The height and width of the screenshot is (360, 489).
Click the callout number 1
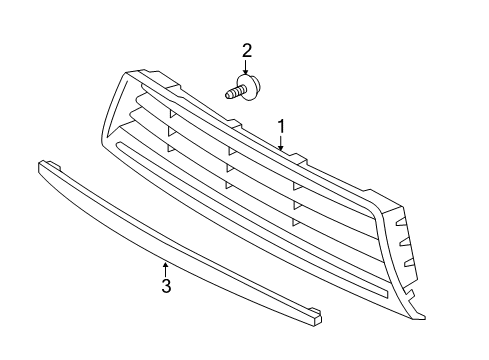tap(282, 127)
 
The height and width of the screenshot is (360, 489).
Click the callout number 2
tap(246, 51)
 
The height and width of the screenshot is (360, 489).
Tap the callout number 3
tap(167, 287)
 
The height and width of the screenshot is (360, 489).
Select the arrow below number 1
tap(282, 145)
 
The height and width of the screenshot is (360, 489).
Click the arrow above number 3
tap(166, 268)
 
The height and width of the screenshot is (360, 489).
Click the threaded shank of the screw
tap(234, 93)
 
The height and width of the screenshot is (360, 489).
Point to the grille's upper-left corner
tap(127, 74)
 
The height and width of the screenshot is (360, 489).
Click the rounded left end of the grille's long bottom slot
tap(120, 148)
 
